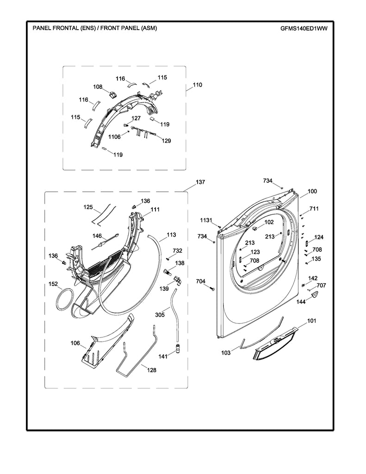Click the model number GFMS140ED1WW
tap(304, 28)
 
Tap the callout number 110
tap(198, 85)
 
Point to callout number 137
tap(200, 182)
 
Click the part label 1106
tap(114, 137)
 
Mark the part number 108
tap(98, 87)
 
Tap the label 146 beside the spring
tap(97, 236)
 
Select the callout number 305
tap(160, 315)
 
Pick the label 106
tap(75, 343)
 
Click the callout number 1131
tap(206, 219)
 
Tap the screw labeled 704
tap(212, 289)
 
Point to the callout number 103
tap(225, 353)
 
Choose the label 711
tap(314, 209)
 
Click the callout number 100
tap(312, 191)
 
